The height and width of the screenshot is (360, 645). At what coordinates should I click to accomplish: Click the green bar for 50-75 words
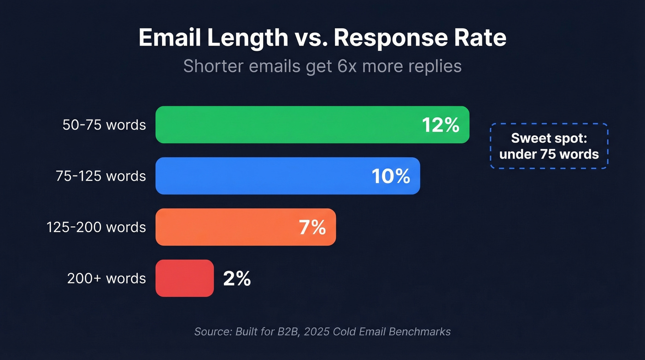pos(286,125)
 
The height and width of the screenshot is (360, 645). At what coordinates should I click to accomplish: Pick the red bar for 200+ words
pos(184,278)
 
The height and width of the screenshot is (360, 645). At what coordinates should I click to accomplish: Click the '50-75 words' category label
pos(104,125)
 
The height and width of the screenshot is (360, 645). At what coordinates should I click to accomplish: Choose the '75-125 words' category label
pos(101,176)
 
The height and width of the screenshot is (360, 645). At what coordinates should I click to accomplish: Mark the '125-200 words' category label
pos(96,227)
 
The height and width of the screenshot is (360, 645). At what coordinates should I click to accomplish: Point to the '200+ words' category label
pos(106,278)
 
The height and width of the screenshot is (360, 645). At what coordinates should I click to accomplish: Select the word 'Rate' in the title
pos(482,38)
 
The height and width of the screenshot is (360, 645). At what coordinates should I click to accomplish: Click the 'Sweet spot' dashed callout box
pos(549,146)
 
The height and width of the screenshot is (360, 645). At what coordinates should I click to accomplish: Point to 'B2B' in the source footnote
pos(289,331)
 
